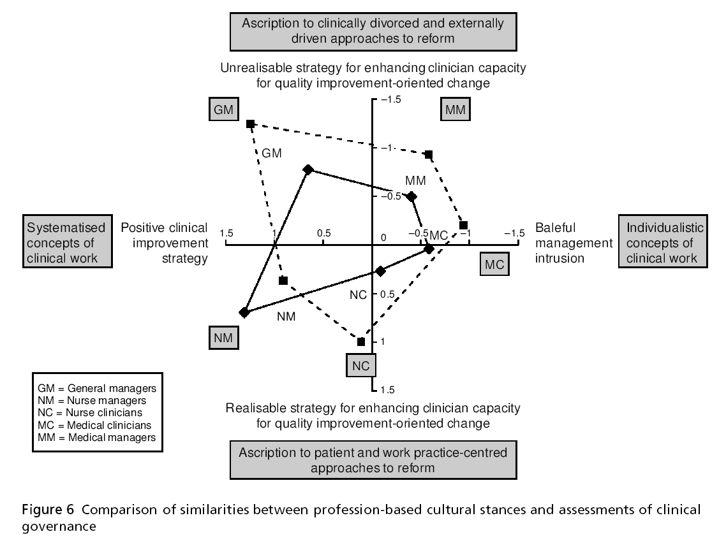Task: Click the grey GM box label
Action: pyautogui.click(x=223, y=110)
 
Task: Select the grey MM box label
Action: pyautogui.click(x=456, y=110)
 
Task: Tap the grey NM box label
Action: pyautogui.click(x=223, y=338)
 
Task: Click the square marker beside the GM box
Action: pyautogui.click(x=251, y=123)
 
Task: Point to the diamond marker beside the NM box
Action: pyautogui.click(x=244, y=312)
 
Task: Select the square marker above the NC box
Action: pyautogui.click(x=361, y=342)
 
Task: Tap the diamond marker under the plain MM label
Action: pyautogui.click(x=411, y=197)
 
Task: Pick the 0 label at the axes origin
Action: pyautogui.click(x=383, y=238)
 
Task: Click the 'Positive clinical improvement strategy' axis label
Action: pyautogui.click(x=165, y=243)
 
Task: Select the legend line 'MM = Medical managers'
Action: pyautogui.click(x=96, y=437)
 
